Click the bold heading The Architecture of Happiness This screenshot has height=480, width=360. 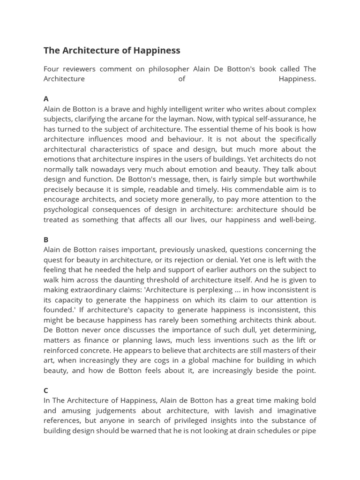tap(112, 50)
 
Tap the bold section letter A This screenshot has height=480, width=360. tap(46, 98)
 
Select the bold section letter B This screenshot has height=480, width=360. tap(46, 240)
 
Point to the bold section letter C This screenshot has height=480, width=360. tap(46, 390)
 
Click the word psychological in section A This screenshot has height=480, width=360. tap(65, 210)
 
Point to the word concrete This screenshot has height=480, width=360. tap(93, 350)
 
